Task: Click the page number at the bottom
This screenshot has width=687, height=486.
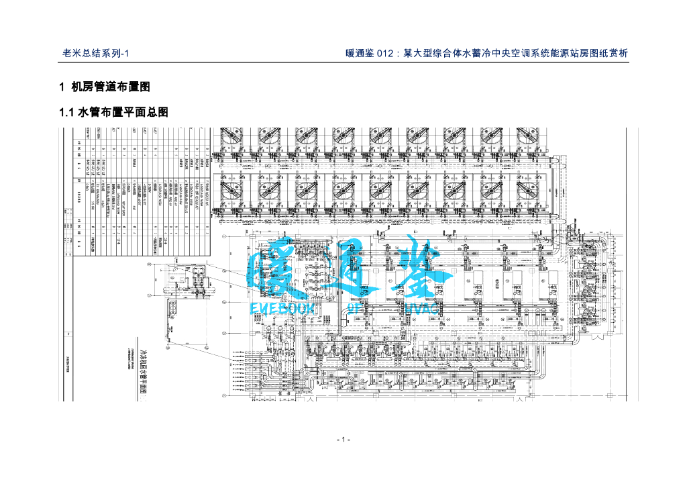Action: coord(343,440)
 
